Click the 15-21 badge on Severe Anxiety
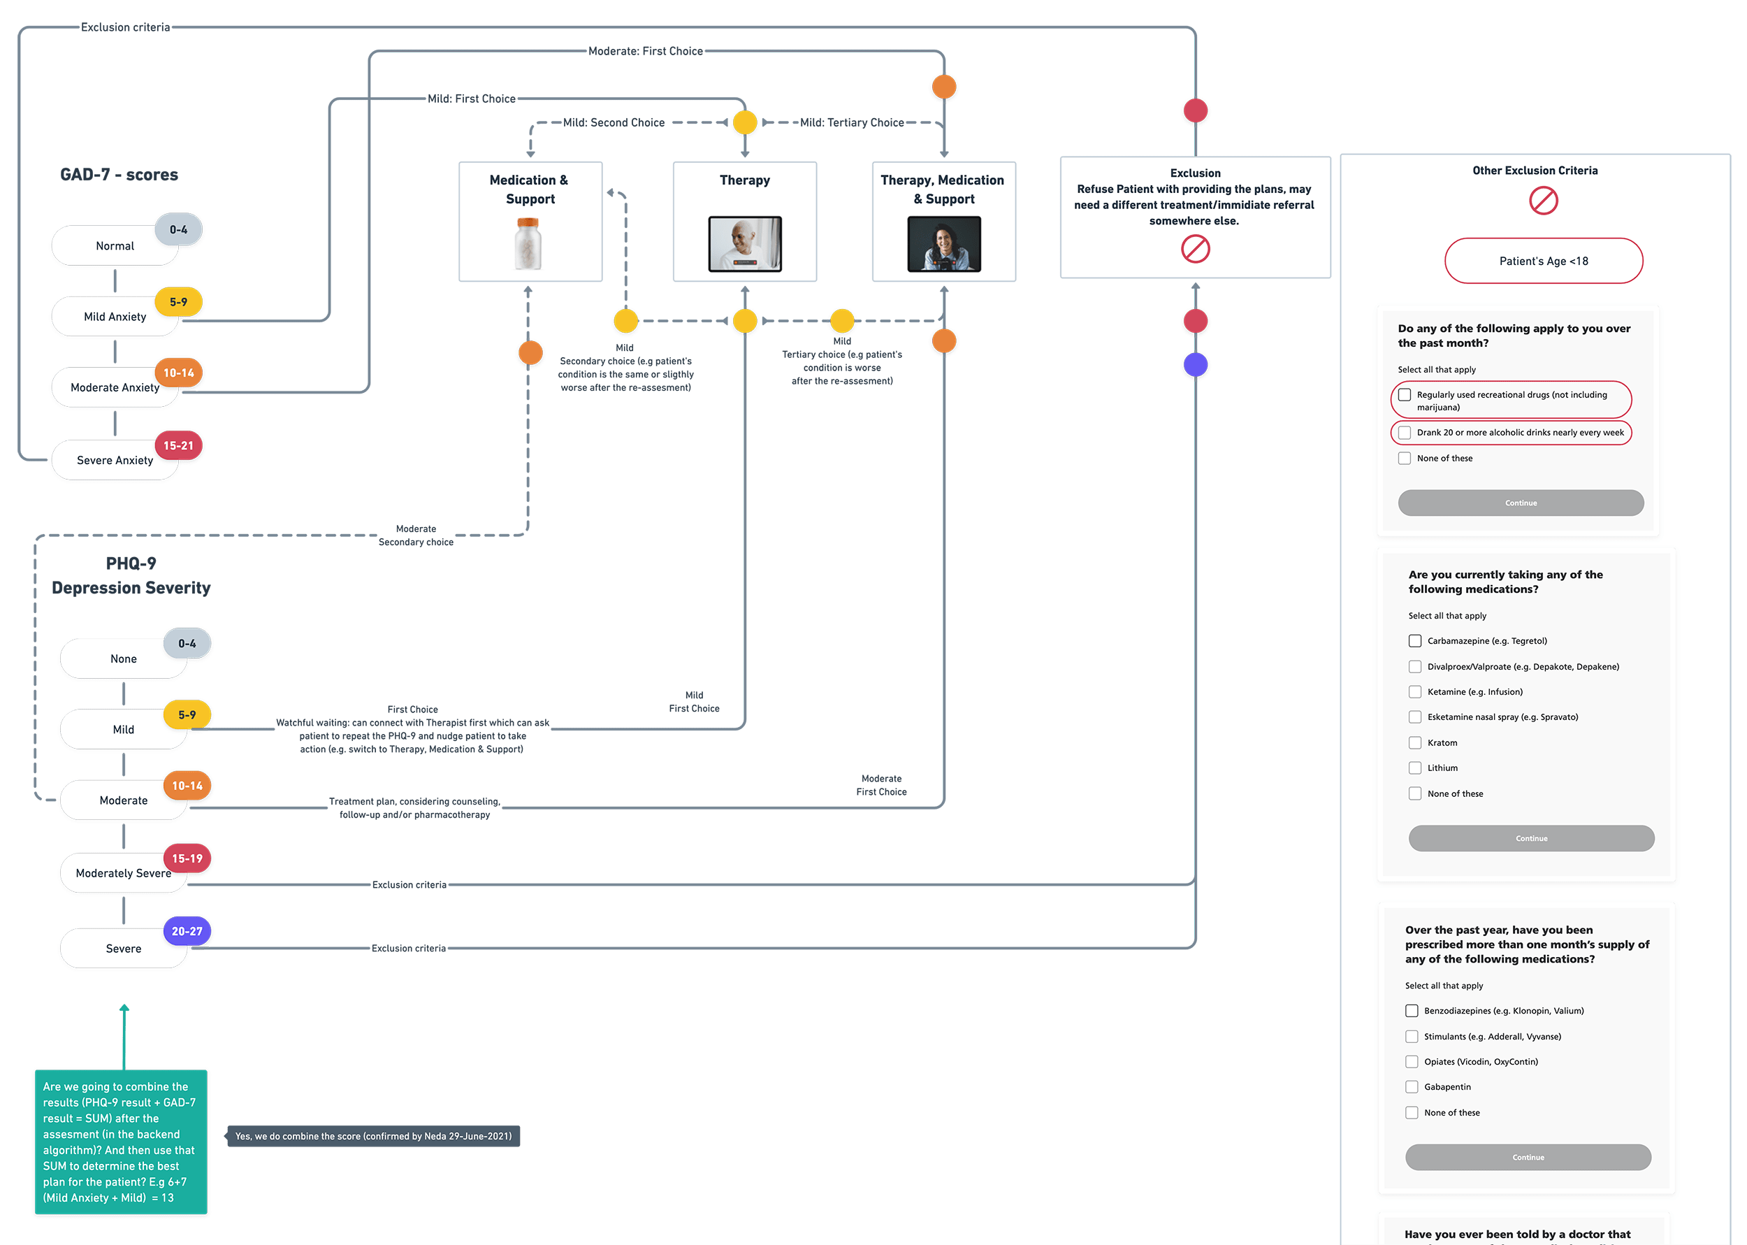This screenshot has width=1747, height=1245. (178, 445)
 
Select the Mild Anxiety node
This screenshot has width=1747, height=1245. (115, 317)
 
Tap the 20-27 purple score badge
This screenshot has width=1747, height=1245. (187, 930)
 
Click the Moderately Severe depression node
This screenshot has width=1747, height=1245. (122, 873)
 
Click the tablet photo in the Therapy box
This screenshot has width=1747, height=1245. (745, 244)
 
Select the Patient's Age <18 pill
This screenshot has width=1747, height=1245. (1543, 261)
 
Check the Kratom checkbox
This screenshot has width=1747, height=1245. (1414, 742)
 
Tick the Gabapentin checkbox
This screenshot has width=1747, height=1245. (1412, 1086)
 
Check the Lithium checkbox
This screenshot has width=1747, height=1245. (1414, 768)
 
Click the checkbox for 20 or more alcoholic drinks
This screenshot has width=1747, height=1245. (1405, 433)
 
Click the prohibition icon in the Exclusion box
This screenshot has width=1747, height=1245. (1194, 249)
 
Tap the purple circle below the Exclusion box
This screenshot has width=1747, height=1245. (1194, 365)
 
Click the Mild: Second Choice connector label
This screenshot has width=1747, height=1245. (613, 122)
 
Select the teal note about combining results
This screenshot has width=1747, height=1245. (120, 1142)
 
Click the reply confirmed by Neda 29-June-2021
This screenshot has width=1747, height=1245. (373, 1136)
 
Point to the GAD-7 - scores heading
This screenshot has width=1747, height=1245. (119, 175)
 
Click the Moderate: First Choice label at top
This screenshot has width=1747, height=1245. (645, 51)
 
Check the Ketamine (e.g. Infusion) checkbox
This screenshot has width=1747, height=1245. (1414, 691)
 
